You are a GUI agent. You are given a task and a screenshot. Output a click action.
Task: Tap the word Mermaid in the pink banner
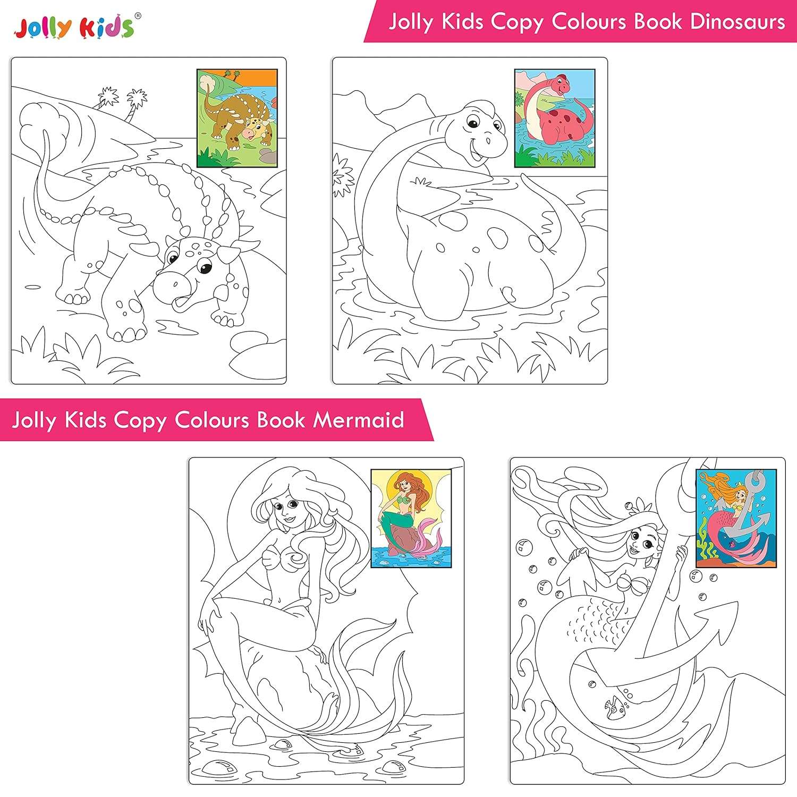click(358, 420)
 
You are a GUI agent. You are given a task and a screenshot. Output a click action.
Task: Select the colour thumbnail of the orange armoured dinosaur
click(237, 118)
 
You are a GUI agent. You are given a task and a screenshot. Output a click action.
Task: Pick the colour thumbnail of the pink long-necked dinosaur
click(554, 118)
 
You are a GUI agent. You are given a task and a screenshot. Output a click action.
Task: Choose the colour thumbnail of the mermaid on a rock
click(411, 515)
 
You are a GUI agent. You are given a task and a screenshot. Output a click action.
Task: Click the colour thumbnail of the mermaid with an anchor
click(736, 518)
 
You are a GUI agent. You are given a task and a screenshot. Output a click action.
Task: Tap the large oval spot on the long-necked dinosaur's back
click(498, 237)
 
